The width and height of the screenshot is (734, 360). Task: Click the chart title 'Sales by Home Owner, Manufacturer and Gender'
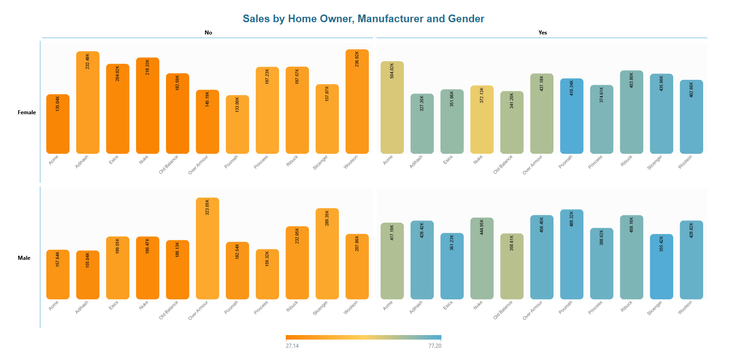[x=363, y=19]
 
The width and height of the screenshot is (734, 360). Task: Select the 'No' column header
[x=208, y=33]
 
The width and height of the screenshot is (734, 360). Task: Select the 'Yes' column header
[x=543, y=33]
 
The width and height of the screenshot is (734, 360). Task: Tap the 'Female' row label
[x=27, y=112]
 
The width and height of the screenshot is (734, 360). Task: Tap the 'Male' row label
[x=24, y=258]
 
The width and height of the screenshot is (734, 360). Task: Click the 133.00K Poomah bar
[x=237, y=125]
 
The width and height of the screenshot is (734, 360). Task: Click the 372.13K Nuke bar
[x=482, y=120]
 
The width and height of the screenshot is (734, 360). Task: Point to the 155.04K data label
[x=88, y=260]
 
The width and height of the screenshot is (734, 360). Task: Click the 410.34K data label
[x=572, y=88]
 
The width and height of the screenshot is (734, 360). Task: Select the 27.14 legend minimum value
[x=292, y=346]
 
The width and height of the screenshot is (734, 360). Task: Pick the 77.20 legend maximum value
[x=435, y=346]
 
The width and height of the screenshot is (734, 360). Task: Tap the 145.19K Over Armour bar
[x=207, y=122]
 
